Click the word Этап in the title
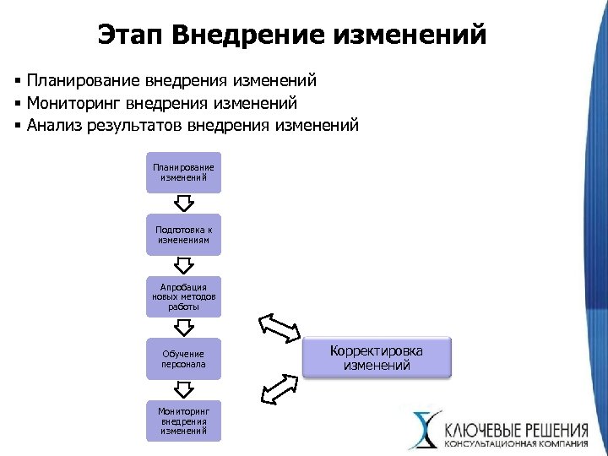coord(129,35)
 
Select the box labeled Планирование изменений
coord(183,172)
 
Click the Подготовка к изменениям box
coord(183,235)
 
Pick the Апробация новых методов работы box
coord(183,296)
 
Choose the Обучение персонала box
coord(183,359)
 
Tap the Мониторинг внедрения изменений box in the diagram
coord(183,420)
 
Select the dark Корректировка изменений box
coord(377,358)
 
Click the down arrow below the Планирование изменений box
coord(183,204)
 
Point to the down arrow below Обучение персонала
coord(183,389)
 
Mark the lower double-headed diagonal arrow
coord(279,389)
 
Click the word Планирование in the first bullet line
coord(82,81)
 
